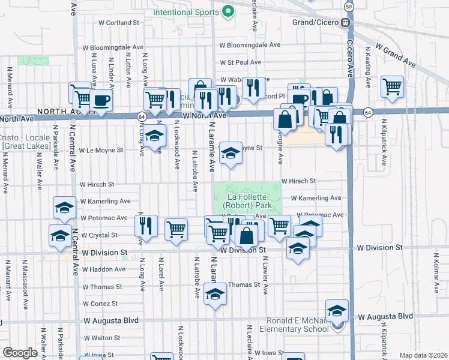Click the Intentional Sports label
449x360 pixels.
tap(186, 11)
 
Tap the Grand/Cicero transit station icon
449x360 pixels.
tap(346, 23)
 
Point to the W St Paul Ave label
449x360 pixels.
tap(240, 62)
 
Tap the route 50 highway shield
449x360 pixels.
tap(349, 6)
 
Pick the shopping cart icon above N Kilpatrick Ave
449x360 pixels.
tap(392, 86)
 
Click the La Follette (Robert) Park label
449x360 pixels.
tap(247, 200)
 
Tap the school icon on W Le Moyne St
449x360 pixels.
tap(231, 153)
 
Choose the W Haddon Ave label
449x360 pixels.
tap(103, 269)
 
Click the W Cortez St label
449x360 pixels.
tap(103, 304)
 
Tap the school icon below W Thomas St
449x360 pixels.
tap(215, 295)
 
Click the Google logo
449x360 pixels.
tap(19, 353)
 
